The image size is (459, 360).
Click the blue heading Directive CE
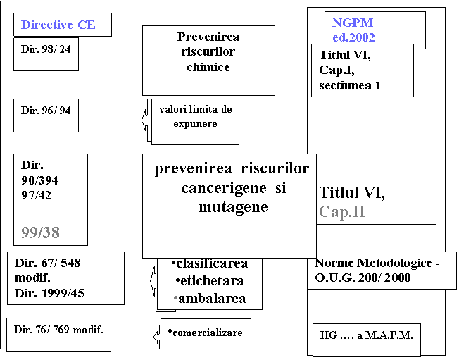click(58, 25)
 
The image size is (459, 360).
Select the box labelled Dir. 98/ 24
click(46, 54)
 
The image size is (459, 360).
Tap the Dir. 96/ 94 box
click(46, 116)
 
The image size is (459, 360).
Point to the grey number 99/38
click(40, 232)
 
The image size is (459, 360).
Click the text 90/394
click(39, 180)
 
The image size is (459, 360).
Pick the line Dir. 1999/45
click(49, 293)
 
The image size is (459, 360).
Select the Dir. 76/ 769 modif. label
click(58, 330)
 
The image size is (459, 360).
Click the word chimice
click(208, 67)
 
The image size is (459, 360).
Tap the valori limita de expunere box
click(195, 122)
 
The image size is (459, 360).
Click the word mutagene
click(233, 207)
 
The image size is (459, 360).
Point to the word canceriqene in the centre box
click(224, 188)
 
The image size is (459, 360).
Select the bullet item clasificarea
click(210, 263)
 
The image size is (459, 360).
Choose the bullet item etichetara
click(210, 281)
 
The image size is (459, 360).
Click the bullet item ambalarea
click(210, 299)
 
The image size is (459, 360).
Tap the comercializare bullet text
click(205, 333)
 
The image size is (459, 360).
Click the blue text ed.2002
click(353, 37)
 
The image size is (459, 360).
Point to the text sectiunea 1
click(350, 85)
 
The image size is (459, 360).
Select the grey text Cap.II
click(342, 211)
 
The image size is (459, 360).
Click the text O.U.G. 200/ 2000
click(363, 278)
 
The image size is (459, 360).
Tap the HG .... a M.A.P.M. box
click(367, 340)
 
